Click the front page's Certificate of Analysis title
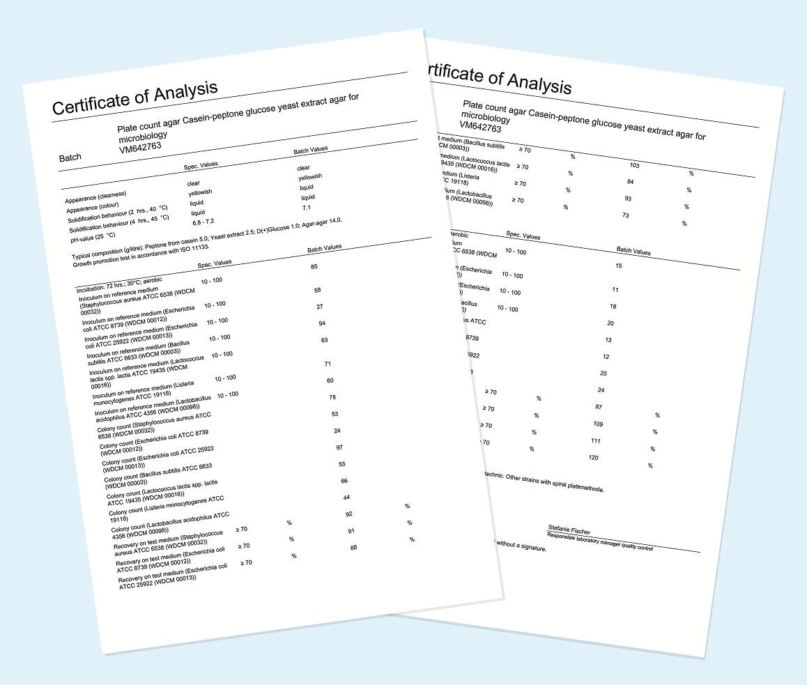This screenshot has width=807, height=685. tap(135, 98)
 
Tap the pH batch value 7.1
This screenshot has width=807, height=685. tap(307, 208)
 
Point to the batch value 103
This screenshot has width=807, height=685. tap(633, 166)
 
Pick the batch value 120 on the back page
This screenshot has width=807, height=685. tap(594, 458)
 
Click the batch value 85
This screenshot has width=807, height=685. tap(314, 266)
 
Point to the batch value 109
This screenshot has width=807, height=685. tap(597, 424)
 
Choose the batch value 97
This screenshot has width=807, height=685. tap(339, 447)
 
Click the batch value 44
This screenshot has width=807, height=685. tap(346, 497)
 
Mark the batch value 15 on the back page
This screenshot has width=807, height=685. tap(618, 266)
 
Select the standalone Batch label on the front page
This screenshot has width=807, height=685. tap(70, 158)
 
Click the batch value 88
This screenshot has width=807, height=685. tap(353, 548)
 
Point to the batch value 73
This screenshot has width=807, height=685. tap(625, 216)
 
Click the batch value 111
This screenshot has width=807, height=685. tap(595, 441)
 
